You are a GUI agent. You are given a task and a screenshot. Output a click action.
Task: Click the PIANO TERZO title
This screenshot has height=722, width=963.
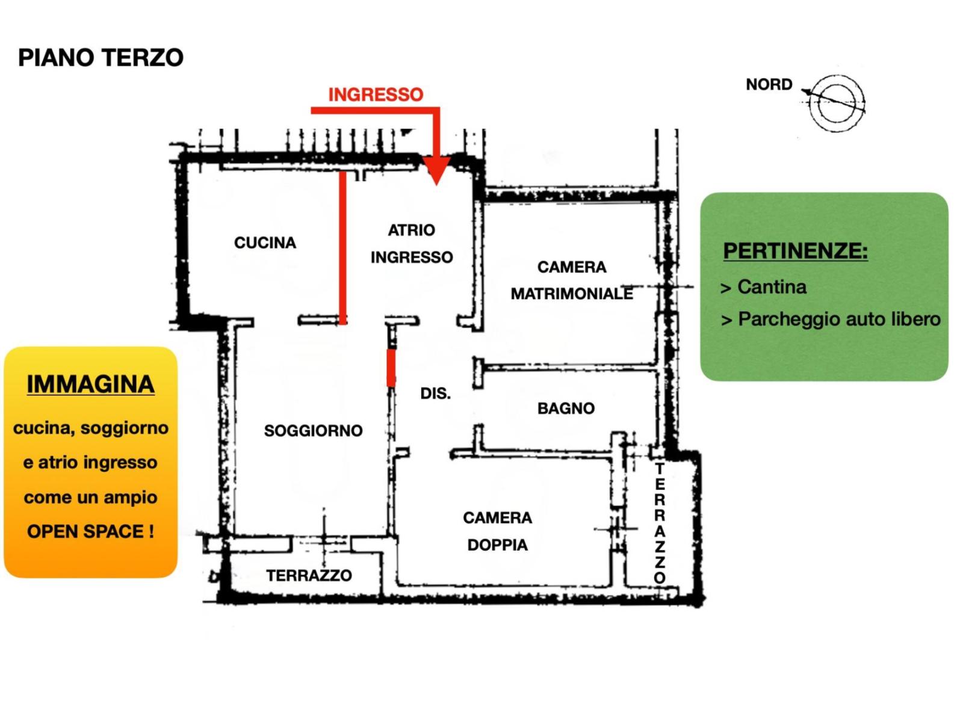tap(101, 58)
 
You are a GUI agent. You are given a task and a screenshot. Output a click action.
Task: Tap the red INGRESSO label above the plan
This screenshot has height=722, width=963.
tap(376, 94)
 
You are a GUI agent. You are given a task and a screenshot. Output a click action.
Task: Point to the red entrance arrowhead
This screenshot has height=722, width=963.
tap(436, 170)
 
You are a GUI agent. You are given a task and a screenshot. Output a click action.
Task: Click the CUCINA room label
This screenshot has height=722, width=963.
tap(265, 242)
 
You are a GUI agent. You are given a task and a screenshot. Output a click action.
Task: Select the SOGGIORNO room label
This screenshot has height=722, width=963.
tap(313, 430)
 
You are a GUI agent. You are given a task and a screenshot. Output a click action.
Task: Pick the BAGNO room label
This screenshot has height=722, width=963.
tap(566, 409)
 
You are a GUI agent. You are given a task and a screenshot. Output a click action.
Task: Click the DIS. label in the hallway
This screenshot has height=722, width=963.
tap(435, 393)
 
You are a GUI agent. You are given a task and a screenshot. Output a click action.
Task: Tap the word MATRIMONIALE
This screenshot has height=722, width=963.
tap(572, 294)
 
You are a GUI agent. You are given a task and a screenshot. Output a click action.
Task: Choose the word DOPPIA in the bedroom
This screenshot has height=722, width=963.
tap(497, 545)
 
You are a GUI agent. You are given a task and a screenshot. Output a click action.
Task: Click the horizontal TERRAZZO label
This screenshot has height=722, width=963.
tap(309, 576)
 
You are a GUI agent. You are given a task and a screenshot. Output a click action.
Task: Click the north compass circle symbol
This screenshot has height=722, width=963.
tap(837, 103)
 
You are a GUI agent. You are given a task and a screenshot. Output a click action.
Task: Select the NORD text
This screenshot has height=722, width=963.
tap(769, 85)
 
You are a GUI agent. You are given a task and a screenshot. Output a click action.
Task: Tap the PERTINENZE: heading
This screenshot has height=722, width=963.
tap(795, 250)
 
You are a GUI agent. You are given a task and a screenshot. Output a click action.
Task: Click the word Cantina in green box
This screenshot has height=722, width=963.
tap(772, 287)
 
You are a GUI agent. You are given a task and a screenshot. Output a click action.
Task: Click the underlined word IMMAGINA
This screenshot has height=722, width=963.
tap(90, 384)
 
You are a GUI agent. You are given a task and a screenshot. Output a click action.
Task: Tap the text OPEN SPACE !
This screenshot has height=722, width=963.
tap(90, 531)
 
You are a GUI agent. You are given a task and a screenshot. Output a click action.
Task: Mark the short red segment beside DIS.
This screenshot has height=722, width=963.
tap(391, 367)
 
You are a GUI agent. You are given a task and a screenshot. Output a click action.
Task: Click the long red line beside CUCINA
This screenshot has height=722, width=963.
tap(342, 248)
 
